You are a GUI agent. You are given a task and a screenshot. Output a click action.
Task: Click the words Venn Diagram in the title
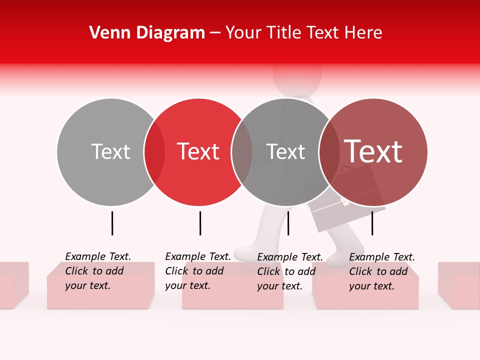point(147,33)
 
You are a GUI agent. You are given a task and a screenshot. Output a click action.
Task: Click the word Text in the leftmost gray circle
point(110,151)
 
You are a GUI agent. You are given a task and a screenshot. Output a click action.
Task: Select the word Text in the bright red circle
point(198,151)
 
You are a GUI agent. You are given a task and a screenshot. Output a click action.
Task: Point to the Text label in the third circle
point(285,151)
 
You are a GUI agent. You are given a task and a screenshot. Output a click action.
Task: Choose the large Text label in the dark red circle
point(373,151)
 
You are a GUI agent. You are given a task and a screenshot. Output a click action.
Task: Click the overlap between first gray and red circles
point(154,151)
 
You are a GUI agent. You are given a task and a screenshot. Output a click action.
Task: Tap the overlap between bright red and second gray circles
point(242,151)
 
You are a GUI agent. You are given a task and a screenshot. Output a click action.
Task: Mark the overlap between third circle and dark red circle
point(329,151)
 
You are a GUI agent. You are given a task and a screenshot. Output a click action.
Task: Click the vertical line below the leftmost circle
point(112,223)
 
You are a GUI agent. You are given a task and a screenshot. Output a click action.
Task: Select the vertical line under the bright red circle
point(200,223)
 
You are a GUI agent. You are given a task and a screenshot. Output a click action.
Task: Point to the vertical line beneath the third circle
point(288,223)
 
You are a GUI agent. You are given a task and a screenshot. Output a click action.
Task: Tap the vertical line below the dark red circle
point(372,223)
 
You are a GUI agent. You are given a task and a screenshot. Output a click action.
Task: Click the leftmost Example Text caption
point(97,271)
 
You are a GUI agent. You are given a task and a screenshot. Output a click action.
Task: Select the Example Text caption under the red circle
point(197,271)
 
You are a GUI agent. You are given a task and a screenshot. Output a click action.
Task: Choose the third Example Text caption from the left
point(289,271)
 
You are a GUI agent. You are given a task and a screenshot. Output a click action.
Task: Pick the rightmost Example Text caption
point(381,271)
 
